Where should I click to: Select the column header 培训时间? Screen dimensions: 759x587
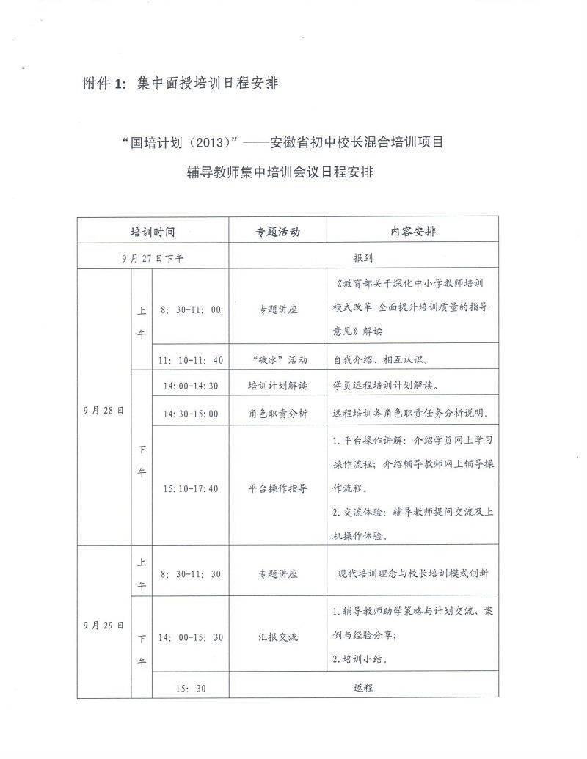click(x=152, y=231)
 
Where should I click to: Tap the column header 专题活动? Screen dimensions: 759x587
click(x=277, y=231)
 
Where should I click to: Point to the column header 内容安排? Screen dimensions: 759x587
click(x=412, y=231)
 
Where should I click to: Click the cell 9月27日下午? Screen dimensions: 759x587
click(x=153, y=258)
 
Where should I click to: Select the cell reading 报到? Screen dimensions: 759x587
click(x=364, y=258)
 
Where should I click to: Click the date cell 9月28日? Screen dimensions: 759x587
click(x=103, y=410)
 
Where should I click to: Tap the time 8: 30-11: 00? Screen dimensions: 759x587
click(x=190, y=309)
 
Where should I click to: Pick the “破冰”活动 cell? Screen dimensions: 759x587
click(x=277, y=360)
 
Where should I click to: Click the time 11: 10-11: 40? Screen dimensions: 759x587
click(x=190, y=360)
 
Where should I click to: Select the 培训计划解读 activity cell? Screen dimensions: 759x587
click(x=277, y=386)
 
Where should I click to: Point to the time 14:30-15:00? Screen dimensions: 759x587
click(x=190, y=413)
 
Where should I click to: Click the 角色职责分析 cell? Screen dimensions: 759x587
click(x=277, y=413)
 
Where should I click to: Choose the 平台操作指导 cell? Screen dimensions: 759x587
click(x=277, y=488)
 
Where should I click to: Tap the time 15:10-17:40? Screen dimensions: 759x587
click(x=190, y=488)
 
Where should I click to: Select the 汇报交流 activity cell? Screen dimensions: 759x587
click(x=277, y=637)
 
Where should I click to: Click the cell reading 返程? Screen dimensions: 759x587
click(x=364, y=688)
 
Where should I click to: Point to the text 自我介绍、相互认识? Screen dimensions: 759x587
click(x=385, y=360)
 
